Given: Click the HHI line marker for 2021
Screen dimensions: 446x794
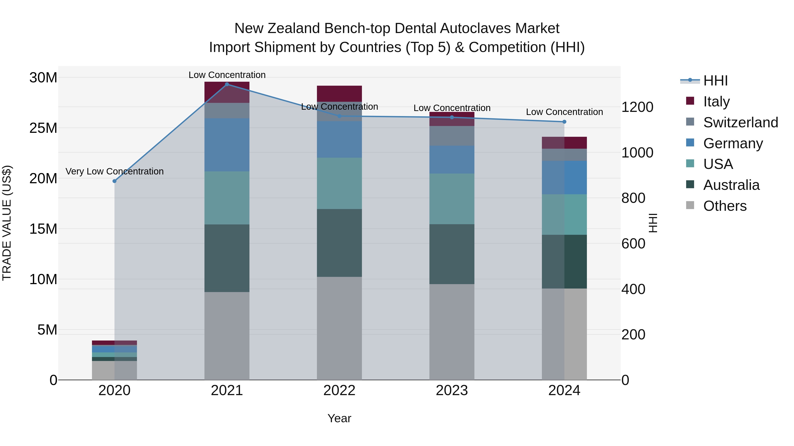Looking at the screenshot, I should pyautogui.click(x=227, y=84).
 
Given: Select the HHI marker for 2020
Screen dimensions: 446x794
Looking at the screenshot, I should pyautogui.click(x=114, y=181).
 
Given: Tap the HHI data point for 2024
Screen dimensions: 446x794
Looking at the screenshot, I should pyautogui.click(x=564, y=122).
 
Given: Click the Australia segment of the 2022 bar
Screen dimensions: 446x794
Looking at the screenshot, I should pyautogui.click(x=339, y=243).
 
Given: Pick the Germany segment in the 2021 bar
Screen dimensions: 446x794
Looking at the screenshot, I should pyautogui.click(x=227, y=145).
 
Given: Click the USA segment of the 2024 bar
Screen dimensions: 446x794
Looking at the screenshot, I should pyautogui.click(x=564, y=215).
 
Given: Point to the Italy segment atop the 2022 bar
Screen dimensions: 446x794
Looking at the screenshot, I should pyautogui.click(x=339, y=93).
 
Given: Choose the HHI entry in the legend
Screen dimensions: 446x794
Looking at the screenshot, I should pyautogui.click(x=715, y=81).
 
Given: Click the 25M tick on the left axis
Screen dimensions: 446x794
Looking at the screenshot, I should pyautogui.click(x=43, y=128).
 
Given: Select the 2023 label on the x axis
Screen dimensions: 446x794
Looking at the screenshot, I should pyautogui.click(x=452, y=390).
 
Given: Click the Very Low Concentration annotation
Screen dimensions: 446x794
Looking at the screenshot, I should pyautogui.click(x=114, y=171).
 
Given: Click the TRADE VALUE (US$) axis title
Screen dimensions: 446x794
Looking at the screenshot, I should pyautogui.click(x=7, y=223).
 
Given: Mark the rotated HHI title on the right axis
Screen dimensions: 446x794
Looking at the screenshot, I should pyautogui.click(x=653, y=223).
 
